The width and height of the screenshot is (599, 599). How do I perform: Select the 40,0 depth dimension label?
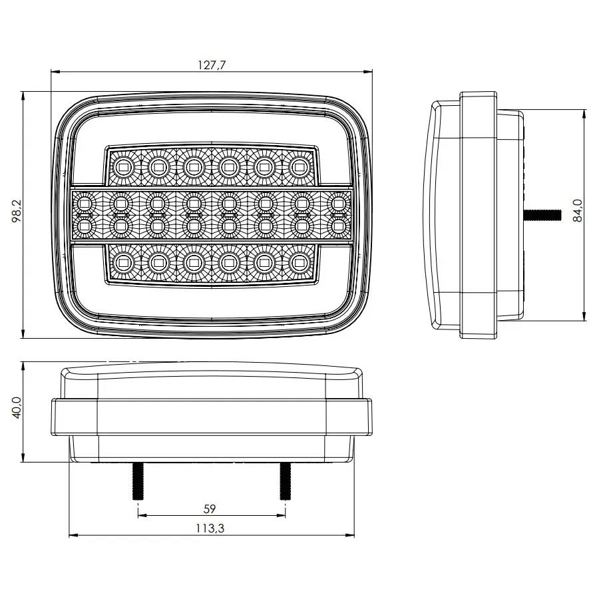click(x=17, y=408)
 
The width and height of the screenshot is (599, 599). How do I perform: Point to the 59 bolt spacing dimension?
click(x=210, y=509)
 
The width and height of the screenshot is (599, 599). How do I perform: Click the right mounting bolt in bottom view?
click(x=285, y=481)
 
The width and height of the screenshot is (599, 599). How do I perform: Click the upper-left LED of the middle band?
click(x=84, y=201)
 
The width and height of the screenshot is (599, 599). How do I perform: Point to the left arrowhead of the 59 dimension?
click(x=140, y=515)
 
